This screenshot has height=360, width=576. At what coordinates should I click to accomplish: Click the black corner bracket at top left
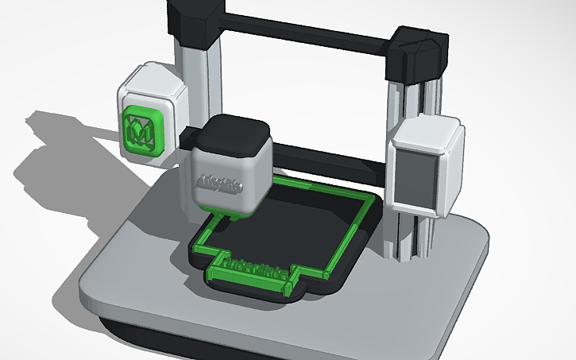(x=195, y=19)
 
